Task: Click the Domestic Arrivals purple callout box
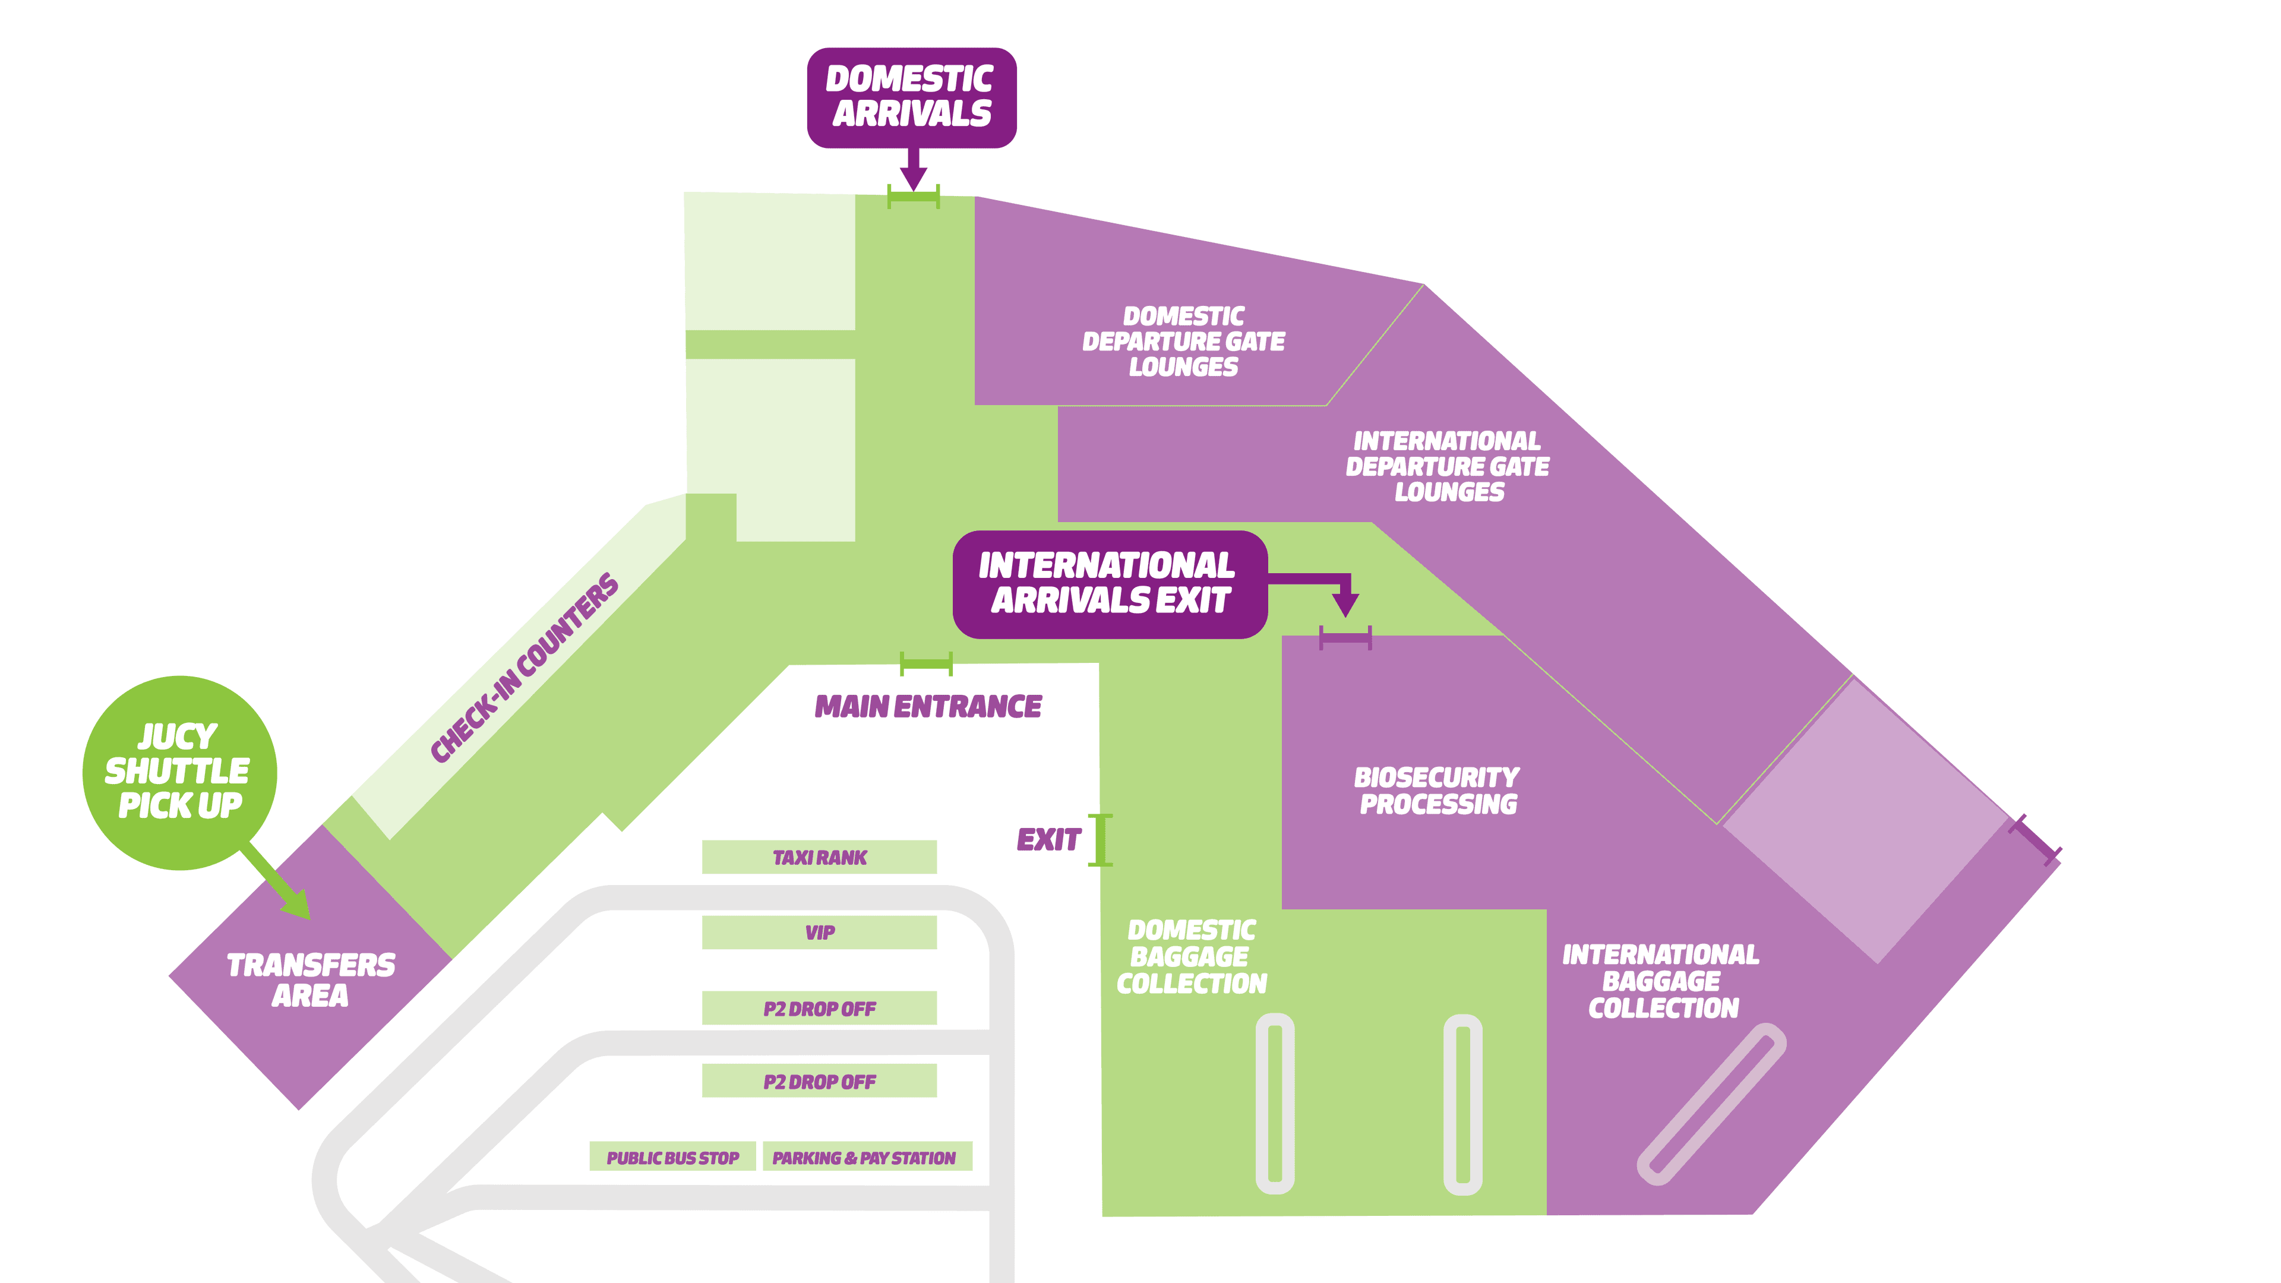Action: pos(911,97)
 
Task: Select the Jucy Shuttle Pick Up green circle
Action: pos(180,772)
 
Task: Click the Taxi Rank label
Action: pos(819,857)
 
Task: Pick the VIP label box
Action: pos(819,933)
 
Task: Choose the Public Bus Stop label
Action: pos(672,1157)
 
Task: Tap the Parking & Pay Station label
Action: pos(864,1157)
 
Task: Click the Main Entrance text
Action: pos(928,707)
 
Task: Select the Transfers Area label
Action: pos(310,980)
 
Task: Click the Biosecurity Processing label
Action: pos(1436,791)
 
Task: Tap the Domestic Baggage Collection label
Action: pos(1191,956)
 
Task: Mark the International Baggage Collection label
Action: pos(1661,981)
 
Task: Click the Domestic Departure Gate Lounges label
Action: pos(1183,342)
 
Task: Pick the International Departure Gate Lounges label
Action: pos(1448,467)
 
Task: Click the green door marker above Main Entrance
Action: pos(926,663)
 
